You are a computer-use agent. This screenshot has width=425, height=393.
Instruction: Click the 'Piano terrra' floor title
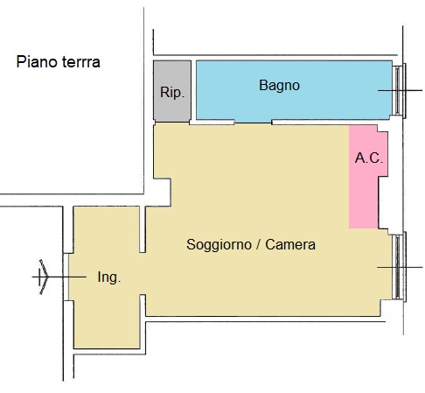59,62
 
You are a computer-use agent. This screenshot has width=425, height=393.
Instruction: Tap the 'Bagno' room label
279,86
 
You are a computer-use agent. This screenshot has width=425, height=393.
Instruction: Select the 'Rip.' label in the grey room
172,93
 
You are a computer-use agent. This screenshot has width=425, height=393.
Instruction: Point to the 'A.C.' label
369,158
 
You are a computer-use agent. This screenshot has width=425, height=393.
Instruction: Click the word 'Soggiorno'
219,245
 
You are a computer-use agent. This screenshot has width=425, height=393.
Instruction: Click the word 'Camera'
290,244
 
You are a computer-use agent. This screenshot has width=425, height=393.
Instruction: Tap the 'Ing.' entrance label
109,277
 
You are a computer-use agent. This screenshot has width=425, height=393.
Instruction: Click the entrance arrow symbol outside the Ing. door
44,277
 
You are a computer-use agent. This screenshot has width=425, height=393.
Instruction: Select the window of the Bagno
399,90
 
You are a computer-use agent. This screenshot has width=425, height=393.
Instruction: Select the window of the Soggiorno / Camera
399,267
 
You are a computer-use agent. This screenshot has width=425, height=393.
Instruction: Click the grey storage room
172,91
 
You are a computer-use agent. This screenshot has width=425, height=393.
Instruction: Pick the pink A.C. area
368,177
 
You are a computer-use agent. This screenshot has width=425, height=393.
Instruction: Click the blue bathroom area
294,90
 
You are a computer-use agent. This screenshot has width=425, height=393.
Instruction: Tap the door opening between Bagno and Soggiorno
254,123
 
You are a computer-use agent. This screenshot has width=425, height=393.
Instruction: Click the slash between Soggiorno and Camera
258,244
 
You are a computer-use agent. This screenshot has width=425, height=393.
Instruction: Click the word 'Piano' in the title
37,62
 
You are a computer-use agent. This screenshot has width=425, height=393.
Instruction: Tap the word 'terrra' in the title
81,62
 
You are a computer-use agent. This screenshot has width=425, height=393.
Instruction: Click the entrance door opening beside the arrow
66,277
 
